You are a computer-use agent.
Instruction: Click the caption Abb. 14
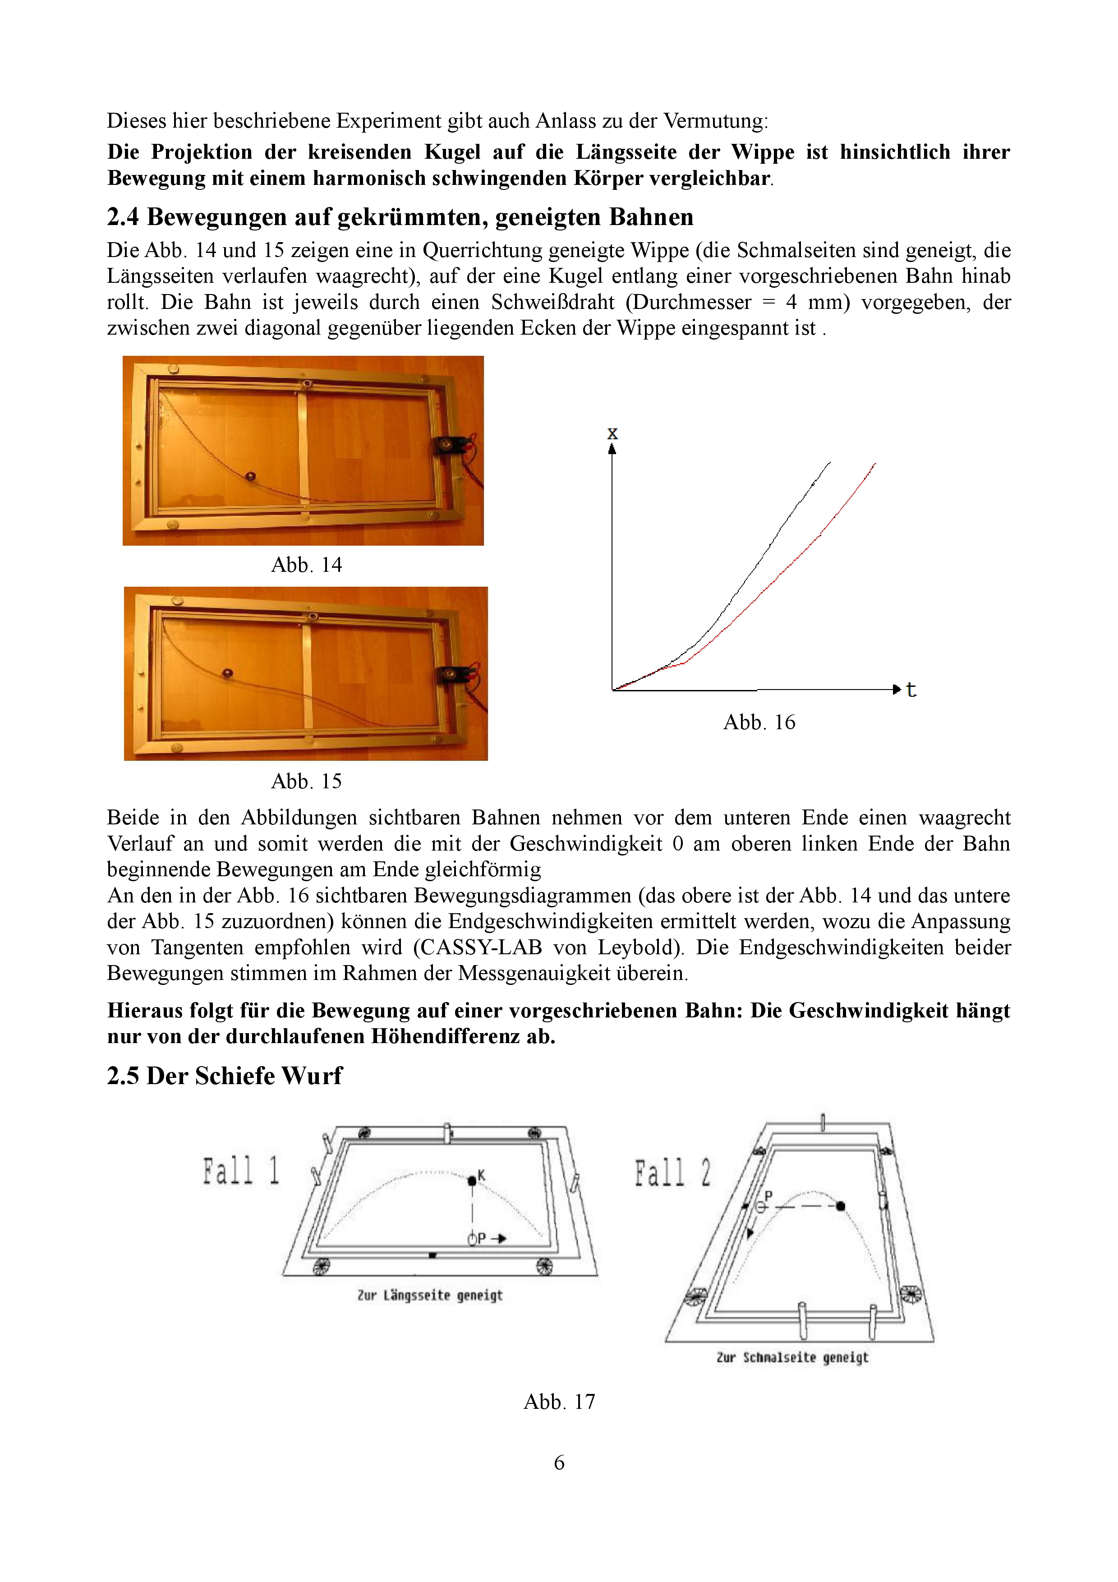[x=307, y=565]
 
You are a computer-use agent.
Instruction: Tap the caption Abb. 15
[x=307, y=782]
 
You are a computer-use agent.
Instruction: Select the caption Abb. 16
[x=759, y=722]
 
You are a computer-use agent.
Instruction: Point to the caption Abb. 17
[x=559, y=1402]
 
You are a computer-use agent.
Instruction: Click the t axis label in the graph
[x=911, y=690]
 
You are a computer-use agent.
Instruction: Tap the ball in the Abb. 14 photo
[x=251, y=476]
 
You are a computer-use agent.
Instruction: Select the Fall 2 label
[x=673, y=1173]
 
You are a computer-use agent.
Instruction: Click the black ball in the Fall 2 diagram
[x=840, y=1206]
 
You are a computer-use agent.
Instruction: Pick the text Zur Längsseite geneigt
[x=430, y=1295]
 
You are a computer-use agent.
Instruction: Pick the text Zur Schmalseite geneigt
[x=792, y=1357]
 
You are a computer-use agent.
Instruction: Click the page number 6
[x=559, y=1462]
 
